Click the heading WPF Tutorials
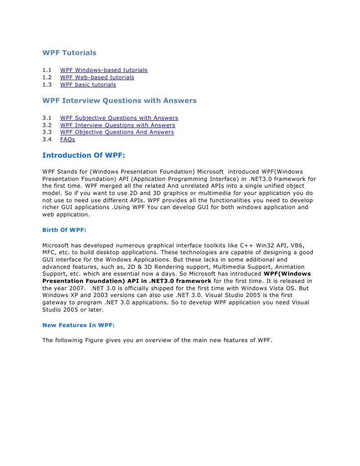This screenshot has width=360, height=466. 69,53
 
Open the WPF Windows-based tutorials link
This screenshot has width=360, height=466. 104,70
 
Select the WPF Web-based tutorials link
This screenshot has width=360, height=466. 97,77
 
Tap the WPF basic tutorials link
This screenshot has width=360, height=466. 88,85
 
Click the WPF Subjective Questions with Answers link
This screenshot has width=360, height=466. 119,118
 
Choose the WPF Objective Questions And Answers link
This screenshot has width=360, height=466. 117,132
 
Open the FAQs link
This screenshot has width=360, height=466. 67,139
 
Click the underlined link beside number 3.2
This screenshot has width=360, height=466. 117,125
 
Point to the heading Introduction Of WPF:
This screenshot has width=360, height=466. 83,155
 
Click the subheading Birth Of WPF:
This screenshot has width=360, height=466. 64,230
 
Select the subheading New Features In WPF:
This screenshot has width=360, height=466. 78,325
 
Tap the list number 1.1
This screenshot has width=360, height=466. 47,70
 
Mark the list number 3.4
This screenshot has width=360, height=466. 47,139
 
